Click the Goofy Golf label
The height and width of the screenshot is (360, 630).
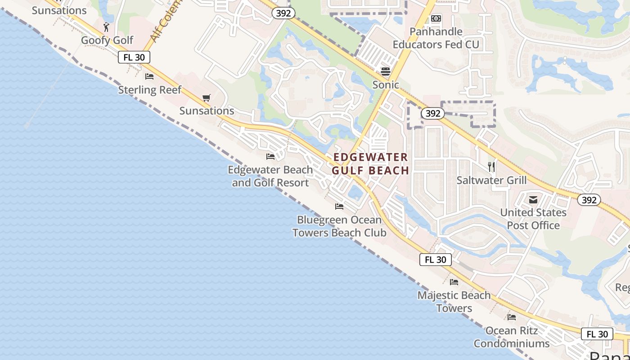(107, 40)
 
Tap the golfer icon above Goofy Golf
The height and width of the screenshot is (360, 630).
(106, 27)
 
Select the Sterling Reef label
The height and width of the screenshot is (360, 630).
(149, 90)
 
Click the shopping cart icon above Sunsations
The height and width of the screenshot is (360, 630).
(207, 98)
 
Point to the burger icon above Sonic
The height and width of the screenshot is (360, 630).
(386, 72)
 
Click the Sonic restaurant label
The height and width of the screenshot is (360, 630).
(386, 85)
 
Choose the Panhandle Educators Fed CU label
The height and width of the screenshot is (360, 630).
(436, 38)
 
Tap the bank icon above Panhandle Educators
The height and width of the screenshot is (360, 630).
(436, 18)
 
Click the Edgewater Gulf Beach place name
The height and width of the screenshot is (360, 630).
(370, 164)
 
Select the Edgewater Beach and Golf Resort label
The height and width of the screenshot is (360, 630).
(270, 176)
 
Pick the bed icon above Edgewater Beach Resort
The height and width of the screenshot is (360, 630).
(270, 157)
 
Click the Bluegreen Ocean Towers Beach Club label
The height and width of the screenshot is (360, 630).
(339, 226)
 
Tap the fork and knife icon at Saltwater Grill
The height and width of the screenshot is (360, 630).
(491, 167)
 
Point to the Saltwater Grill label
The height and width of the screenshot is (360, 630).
(491, 180)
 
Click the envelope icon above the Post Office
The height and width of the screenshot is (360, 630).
(533, 199)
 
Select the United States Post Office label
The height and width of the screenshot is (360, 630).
(533, 219)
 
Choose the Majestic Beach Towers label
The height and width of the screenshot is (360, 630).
(454, 301)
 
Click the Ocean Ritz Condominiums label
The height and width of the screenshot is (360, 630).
(512, 337)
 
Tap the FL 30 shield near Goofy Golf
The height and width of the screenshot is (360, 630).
(134, 58)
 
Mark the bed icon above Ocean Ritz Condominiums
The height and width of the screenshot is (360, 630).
(512, 317)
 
